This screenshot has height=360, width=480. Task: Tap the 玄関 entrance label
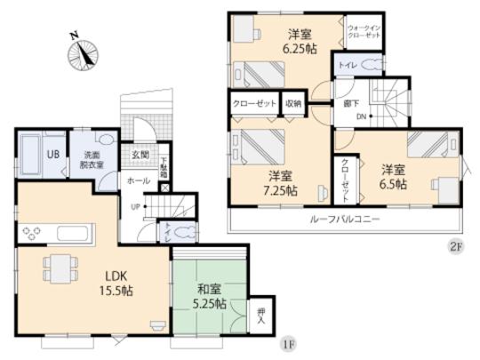[x=140, y=156]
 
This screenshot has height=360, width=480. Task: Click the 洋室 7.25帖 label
[x=281, y=182]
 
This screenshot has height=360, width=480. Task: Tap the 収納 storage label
[x=293, y=104]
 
